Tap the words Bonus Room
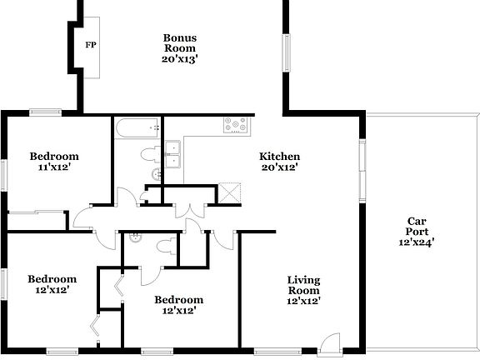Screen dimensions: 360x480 click(x=179, y=43)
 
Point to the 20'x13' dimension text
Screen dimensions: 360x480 click(x=179, y=59)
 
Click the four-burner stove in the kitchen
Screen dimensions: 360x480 click(x=236, y=126)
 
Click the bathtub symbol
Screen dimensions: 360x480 click(x=138, y=128)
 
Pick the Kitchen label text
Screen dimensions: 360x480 click(x=279, y=157)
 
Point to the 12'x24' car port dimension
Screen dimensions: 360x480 click(x=417, y=242)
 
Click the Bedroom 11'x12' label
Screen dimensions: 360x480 click(x=54, y=156)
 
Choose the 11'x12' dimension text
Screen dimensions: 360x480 click(x=54, y=167)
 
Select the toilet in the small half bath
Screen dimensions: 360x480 click(x=137, y=237)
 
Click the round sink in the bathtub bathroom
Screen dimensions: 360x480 click(x=155, y=173)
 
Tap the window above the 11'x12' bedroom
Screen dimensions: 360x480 click(x=46, y=112)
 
